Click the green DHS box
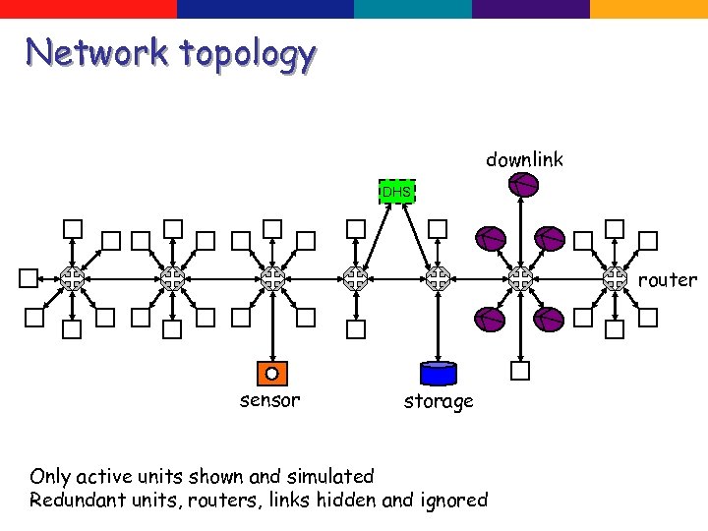397,192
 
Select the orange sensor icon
271,374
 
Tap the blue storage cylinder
438,374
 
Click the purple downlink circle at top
524,185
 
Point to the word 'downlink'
524,159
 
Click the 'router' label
668,280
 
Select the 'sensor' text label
270,400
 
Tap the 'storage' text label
439,401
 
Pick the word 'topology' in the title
248,54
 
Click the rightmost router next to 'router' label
616,277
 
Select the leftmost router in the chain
72,277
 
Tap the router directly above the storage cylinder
438,277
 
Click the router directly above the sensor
271,277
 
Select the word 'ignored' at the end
453,501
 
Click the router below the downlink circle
521,277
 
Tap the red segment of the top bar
88,9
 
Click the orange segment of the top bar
649,9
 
